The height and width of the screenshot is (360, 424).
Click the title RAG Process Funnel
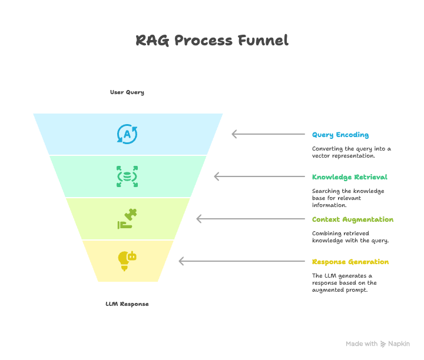212,41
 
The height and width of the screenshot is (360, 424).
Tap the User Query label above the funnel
127,92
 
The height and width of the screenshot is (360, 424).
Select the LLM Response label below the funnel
127,304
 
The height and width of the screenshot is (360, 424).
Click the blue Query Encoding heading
340,135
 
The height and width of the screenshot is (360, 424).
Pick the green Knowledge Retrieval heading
349,177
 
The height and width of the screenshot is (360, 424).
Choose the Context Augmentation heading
353,219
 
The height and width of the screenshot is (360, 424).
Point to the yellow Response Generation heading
350,262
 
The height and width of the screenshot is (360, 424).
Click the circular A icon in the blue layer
127,134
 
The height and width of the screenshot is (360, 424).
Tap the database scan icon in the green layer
127,176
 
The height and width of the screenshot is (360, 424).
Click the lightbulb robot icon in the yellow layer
127,261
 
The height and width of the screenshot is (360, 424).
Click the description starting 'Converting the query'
351,152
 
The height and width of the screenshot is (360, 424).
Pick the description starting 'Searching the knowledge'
348,198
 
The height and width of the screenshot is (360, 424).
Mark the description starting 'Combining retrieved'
350,237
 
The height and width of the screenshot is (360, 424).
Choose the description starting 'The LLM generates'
344,283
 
